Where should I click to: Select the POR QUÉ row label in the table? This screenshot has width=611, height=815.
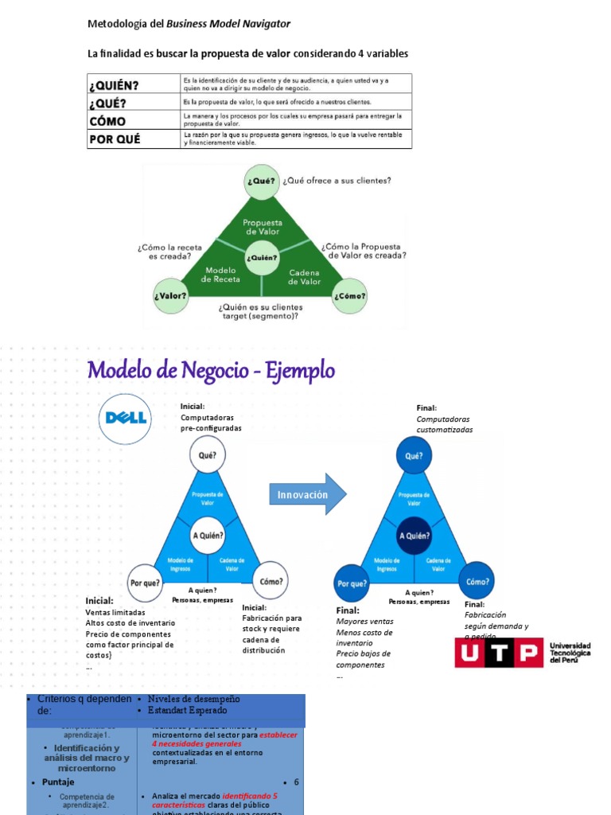(x=114, y=138)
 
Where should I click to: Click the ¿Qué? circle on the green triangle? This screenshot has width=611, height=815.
(x=261, y=181)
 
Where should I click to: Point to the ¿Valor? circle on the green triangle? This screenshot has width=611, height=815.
(x=172, y=296)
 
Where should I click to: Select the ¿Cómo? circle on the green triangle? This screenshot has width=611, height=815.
(x=350, y=296)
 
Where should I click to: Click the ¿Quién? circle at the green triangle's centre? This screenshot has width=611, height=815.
(x=262, y=257)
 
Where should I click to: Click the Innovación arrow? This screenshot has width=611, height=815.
(x=307, y=494)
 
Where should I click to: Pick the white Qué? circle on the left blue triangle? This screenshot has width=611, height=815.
(x=207, y=455)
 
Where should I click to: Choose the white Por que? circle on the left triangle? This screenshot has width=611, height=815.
(x=147, y=583)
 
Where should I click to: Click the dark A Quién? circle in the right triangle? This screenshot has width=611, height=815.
(x=414, y=535)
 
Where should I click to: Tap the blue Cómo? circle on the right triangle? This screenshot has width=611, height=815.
(x=477, y=580)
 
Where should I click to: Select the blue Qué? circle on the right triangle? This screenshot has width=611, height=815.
(x=414, y=456)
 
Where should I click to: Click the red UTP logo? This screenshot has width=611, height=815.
(x=498, y=653)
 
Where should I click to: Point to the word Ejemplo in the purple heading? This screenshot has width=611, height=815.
(x=298, y=370)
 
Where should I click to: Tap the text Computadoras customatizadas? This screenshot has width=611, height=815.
(x=444, y=424)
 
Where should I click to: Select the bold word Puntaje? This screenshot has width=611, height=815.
(x=58, y=782)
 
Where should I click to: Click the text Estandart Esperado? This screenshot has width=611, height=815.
(x=188, y=710)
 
